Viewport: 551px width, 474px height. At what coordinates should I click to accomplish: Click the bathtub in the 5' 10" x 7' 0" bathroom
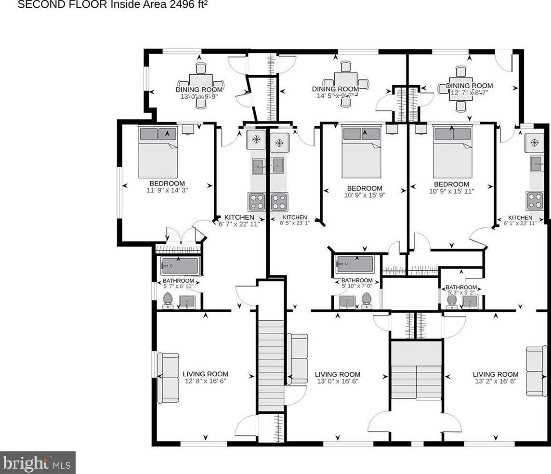[355, 264]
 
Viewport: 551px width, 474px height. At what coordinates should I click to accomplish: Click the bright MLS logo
[38, 463]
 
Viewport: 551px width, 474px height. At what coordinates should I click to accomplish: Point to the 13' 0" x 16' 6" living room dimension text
[337, 382]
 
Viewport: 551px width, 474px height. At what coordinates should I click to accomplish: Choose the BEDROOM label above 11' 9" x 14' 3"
[167, 184]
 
